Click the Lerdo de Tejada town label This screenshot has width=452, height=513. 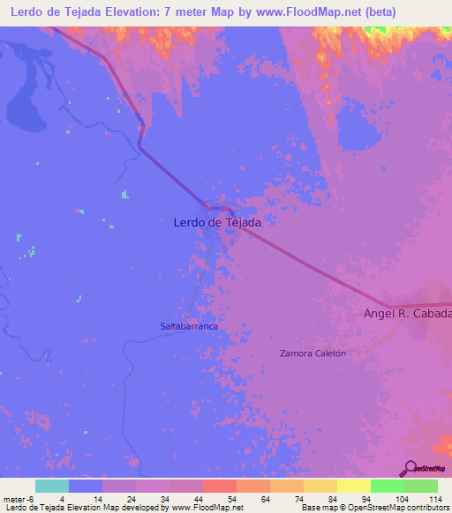[x=216, y=223]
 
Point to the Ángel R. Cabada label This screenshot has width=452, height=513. [x=408, y=314]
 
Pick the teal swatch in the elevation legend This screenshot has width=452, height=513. [x=52, y=486]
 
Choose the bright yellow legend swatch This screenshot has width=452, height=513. [x=353, y=486]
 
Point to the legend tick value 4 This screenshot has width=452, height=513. [x=62, y=499]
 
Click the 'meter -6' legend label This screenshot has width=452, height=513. [x=18, y=499]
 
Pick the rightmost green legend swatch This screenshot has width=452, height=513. [x=420, y=486]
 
